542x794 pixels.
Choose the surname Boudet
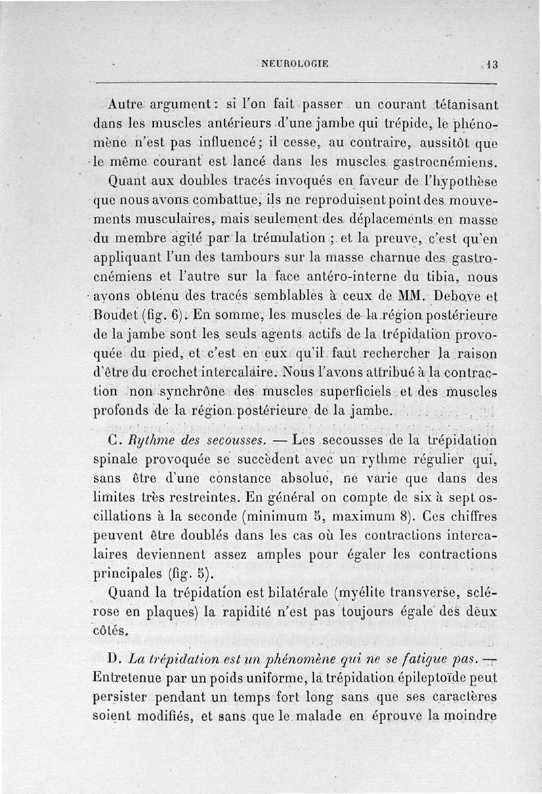[116, 315]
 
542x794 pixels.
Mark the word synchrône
[169, 391]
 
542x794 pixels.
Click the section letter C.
[113, 441]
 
